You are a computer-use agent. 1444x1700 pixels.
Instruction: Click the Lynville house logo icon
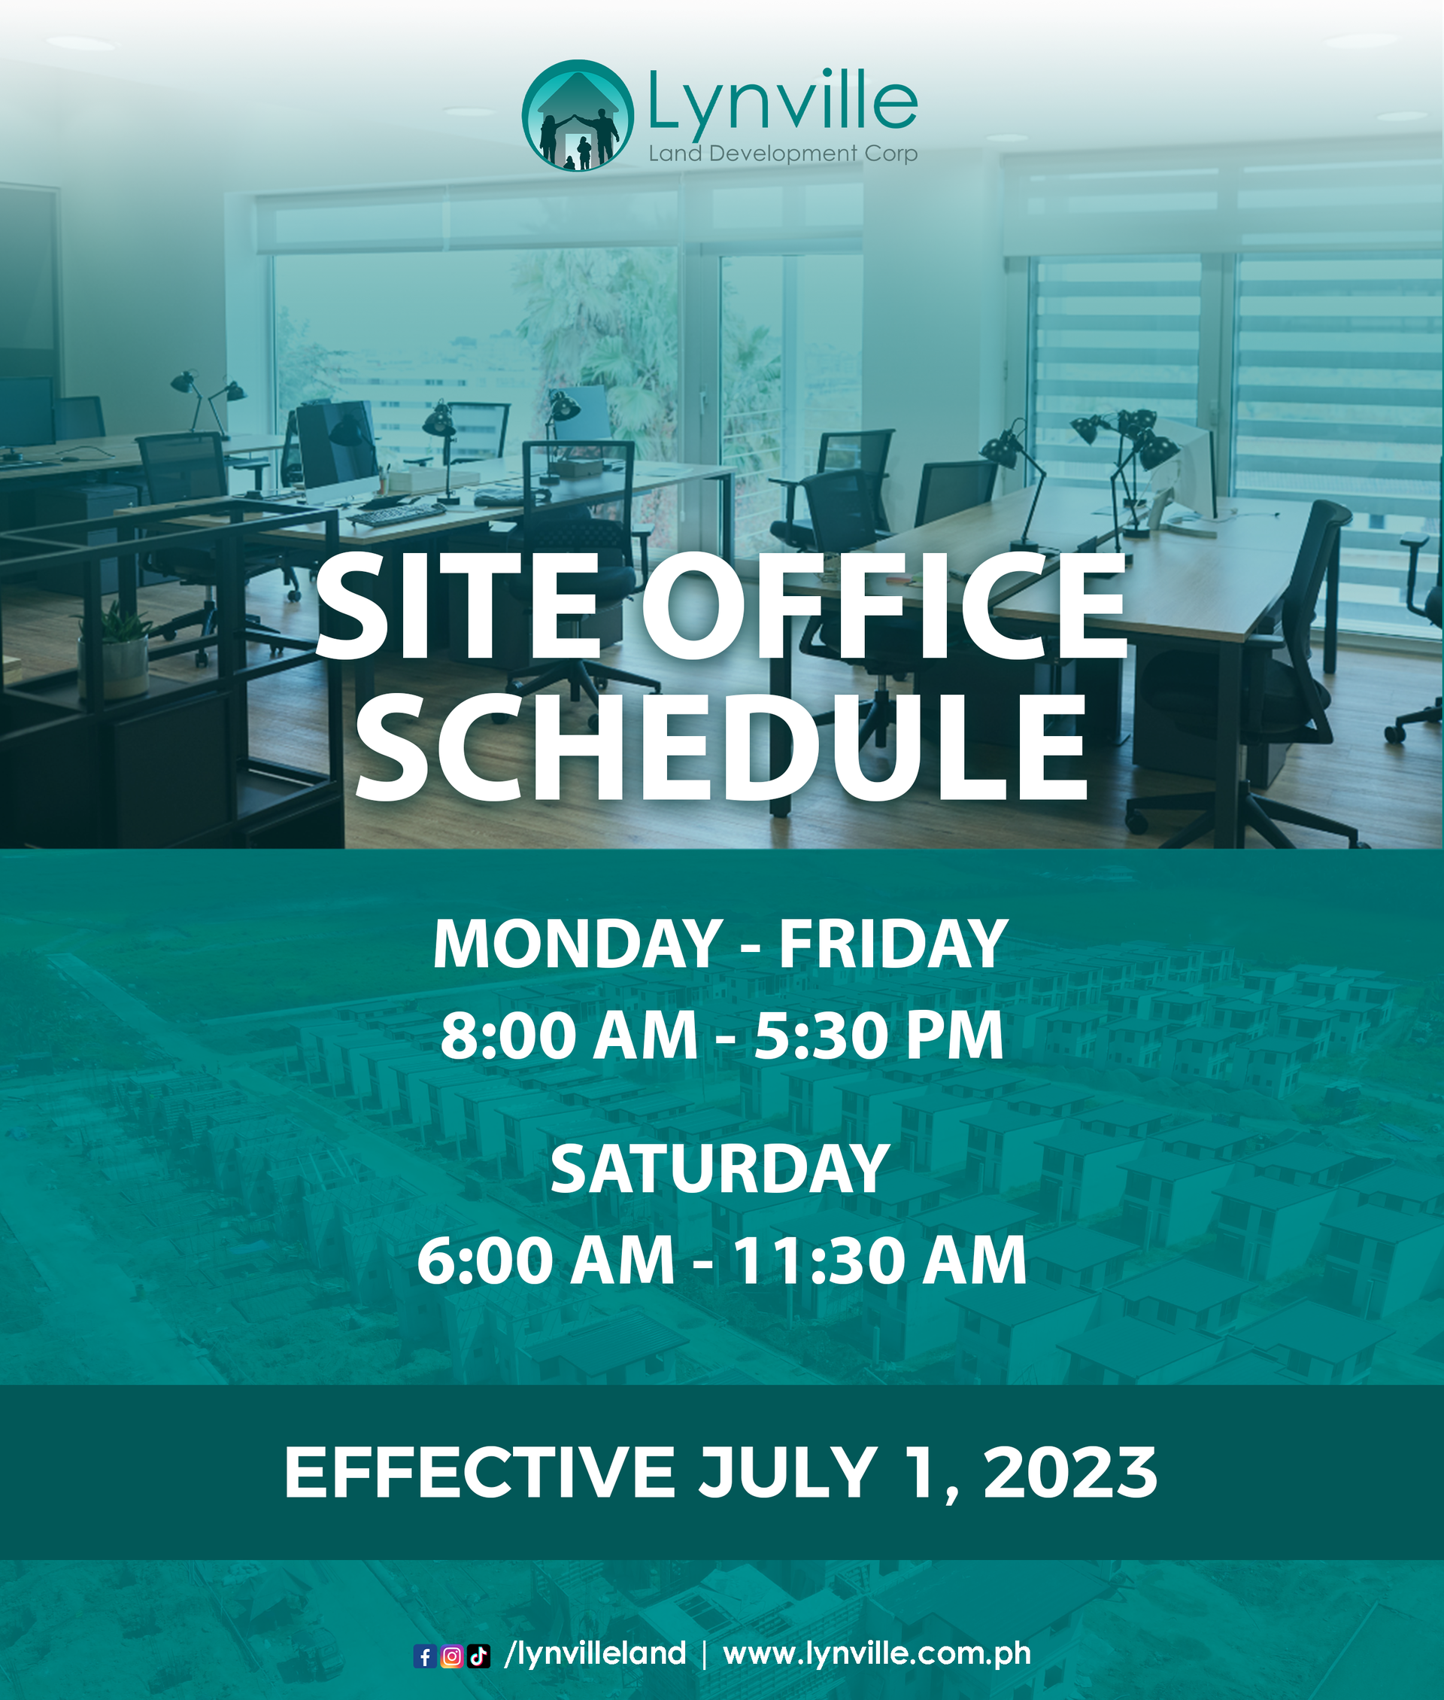578,114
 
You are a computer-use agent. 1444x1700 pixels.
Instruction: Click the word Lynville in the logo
783,102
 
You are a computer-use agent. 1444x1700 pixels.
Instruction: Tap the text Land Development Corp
783,153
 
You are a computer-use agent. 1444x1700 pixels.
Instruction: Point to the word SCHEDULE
722,747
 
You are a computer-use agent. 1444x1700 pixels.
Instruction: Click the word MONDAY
577,944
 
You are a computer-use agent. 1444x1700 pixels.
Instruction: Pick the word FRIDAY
892,944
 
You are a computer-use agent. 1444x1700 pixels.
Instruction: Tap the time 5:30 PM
878,1036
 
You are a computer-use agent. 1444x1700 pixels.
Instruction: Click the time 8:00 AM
569,1036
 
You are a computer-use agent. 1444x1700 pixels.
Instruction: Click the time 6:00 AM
546,1261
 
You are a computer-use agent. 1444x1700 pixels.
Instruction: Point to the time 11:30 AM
878,1261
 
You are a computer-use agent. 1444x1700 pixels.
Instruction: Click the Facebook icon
425,1657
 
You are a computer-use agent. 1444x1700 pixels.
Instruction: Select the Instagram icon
451,1657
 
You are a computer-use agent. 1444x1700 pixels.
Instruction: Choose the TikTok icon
479,1657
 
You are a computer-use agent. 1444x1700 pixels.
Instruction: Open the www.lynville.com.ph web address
878,1655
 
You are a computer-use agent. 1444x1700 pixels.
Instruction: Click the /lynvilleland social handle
595,1655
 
